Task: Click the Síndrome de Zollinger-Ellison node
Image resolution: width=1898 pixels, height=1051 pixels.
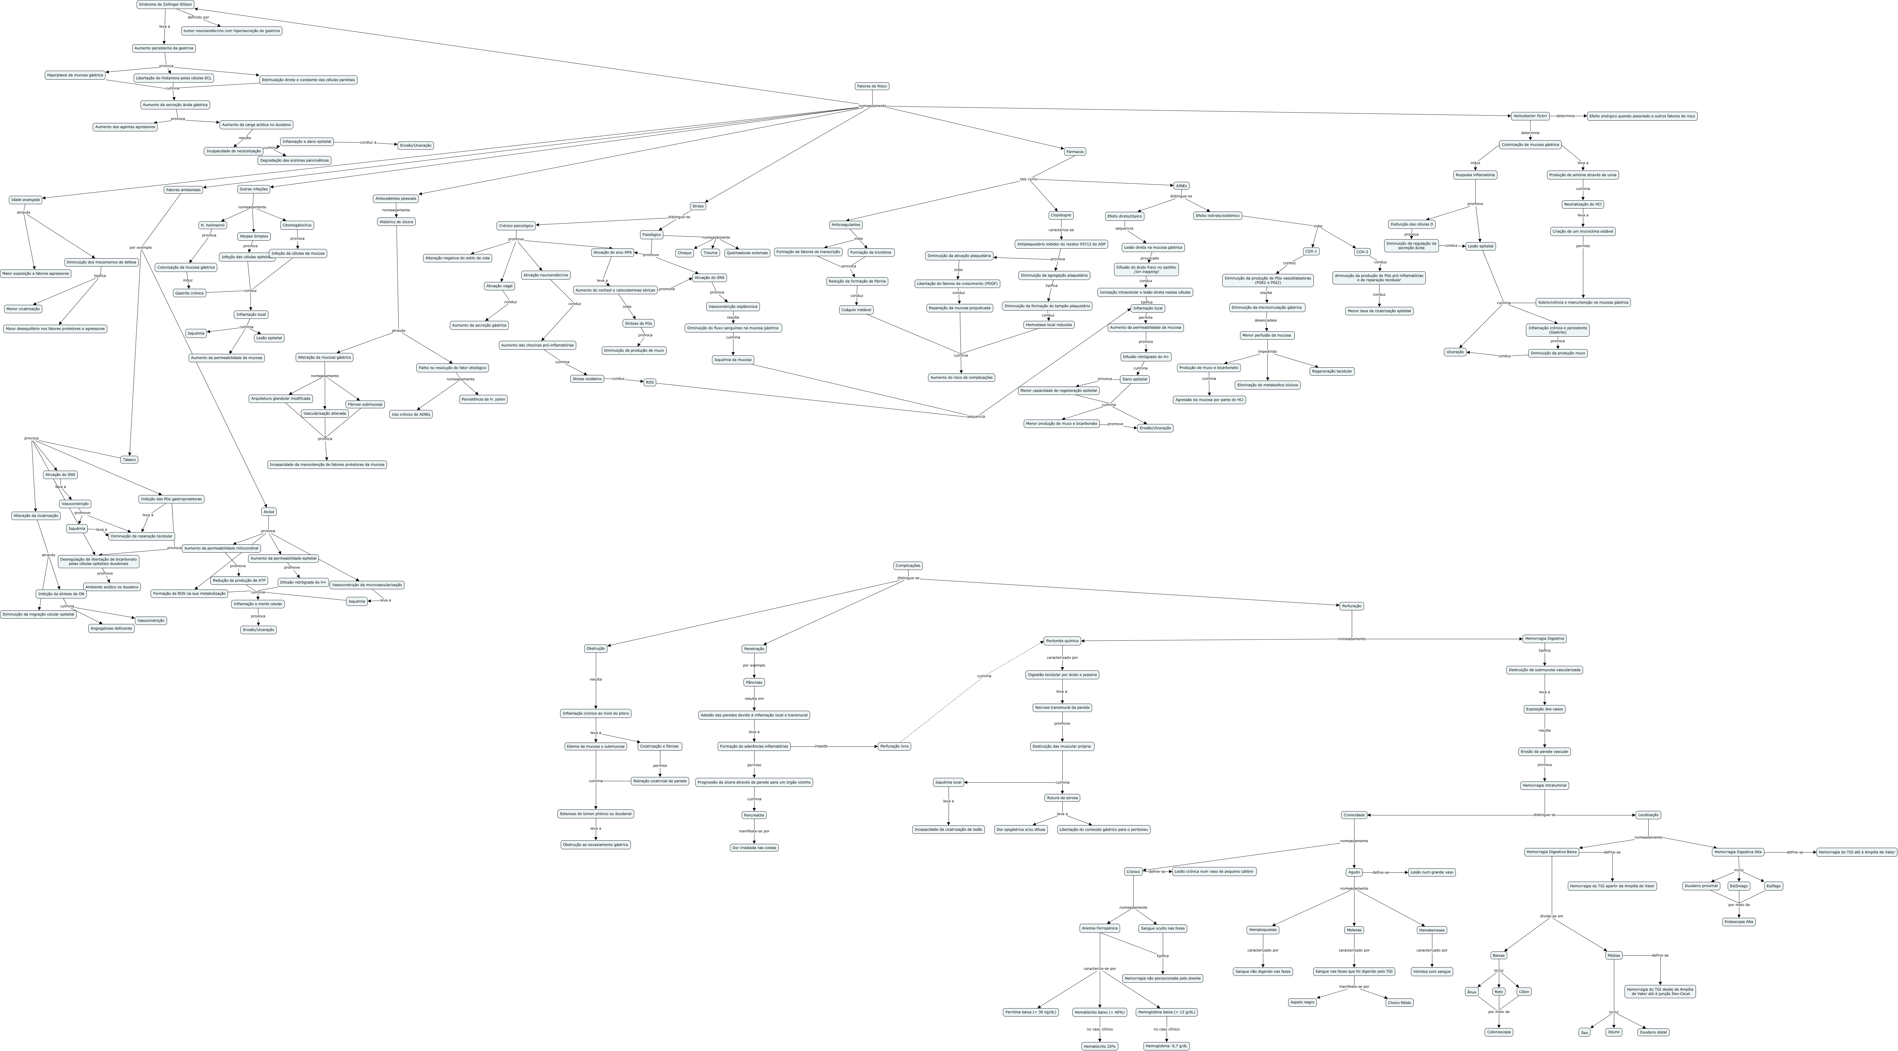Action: [x=165, y=4]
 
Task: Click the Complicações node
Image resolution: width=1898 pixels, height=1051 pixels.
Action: [x=908, y=566]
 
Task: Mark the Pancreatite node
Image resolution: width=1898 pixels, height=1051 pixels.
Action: [x=754, y=815]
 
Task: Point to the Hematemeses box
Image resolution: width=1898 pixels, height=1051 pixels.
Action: [x=1432, y=930]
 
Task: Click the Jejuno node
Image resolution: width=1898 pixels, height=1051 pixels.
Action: [x=1614, y=1032]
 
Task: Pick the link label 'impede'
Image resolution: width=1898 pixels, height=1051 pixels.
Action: [x=821, y=746]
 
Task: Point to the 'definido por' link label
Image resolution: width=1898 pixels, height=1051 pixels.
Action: [x=198, y=17]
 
